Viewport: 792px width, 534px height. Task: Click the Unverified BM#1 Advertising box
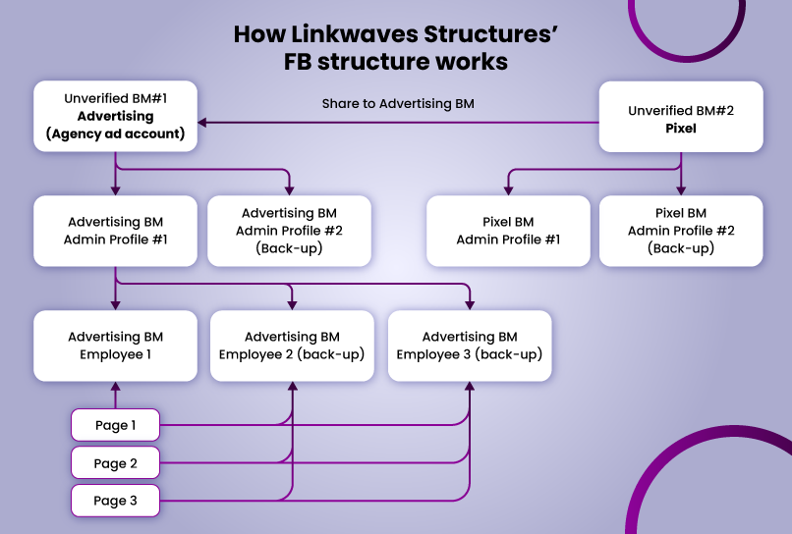pos(116,116)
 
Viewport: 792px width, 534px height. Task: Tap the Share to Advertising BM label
pos(398,103)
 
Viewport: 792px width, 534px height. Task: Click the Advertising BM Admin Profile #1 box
pos(116,231)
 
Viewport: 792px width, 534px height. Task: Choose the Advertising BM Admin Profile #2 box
pos(289,231)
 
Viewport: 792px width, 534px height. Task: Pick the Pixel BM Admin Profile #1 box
pos(508,231)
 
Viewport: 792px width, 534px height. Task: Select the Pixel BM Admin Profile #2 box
pos(681,231)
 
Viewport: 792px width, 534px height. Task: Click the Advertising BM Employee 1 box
pos(116,346)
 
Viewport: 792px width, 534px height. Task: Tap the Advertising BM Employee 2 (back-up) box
pos(292,346)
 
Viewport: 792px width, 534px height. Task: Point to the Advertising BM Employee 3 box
pos(470,346)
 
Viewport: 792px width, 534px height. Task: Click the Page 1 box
pos(115,425)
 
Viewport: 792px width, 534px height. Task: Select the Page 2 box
pos(115,463)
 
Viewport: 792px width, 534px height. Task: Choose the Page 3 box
pos(115,501)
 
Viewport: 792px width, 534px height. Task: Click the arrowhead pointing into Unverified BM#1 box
pos(203,123)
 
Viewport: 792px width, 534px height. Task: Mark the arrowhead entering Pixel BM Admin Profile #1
pos(508,189)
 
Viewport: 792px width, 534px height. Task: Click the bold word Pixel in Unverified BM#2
pos(681,128)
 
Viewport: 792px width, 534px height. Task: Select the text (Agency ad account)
pos(116,133)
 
